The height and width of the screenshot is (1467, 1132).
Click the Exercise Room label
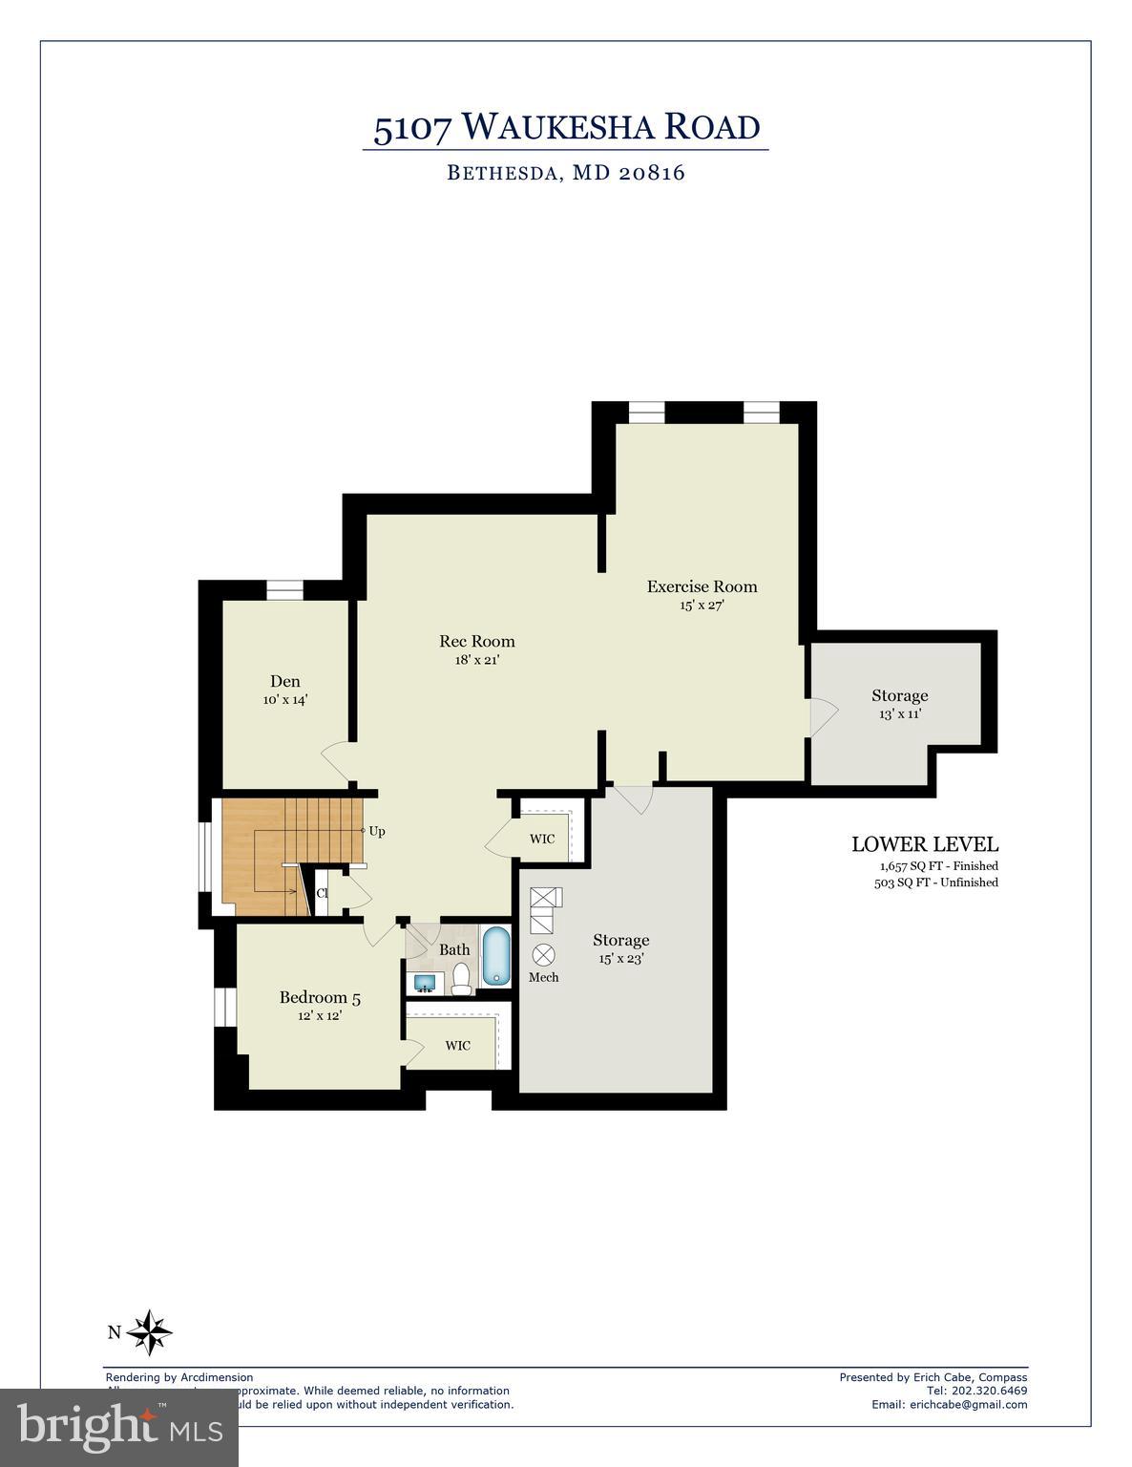click(x=702, y=586)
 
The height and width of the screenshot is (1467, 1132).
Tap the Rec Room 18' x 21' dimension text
click(x=476, y=660)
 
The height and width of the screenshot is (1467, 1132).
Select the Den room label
click(x=284, y=681)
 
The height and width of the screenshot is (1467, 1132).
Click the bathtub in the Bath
click(x=495, y=956)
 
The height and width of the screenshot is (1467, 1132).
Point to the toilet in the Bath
click(x=462, y=979)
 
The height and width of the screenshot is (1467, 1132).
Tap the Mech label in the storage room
click(x=543, y=977)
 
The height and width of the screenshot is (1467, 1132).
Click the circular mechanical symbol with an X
click(x=543, y=953)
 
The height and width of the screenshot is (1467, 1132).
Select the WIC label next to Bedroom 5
click(x=457, y=1046)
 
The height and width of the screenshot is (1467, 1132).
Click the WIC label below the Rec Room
click(x=541, y=840)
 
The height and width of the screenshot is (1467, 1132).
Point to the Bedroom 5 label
click(x=320, y=998)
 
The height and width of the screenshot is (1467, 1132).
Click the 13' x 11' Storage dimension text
click(x=899, y=713)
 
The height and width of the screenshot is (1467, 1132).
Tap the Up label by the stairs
click(x=377, y=832)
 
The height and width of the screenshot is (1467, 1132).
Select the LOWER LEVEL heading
click(x=924, y=844)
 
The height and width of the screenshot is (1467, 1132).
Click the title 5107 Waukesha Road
click(x=566, y=127)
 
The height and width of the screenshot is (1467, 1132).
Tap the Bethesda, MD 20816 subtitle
click(x=566, y=173)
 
